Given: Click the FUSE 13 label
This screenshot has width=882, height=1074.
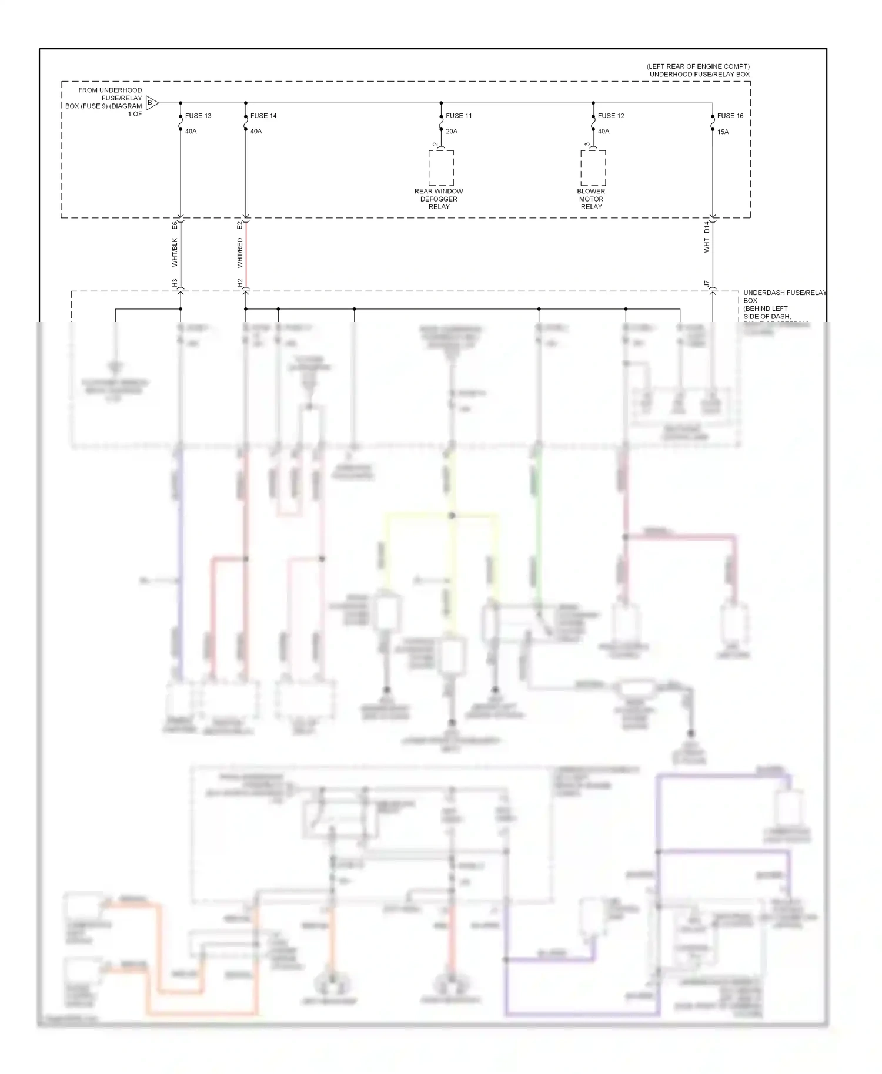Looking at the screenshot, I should coord(198,116).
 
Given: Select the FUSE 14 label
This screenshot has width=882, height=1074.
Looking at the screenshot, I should coord(263,116).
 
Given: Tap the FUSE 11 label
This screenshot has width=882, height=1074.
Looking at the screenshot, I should coord(459,116).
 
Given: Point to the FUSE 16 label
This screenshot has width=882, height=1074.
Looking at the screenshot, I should coord(730,116).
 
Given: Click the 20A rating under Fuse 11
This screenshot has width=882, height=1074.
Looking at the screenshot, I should coord(452,132).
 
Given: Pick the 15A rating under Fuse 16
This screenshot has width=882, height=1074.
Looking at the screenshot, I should coord(723,132).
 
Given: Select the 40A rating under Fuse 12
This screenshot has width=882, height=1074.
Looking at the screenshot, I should coord(604,132).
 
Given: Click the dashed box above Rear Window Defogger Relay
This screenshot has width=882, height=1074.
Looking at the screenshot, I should coord(441,168).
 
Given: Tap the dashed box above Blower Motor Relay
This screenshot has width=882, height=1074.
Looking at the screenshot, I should coord(593,168).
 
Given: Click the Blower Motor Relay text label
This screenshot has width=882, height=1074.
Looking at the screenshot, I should coord(591,199).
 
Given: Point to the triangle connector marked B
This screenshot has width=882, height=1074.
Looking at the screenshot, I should coord(151,103).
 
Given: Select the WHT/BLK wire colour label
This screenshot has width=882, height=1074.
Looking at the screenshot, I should coord(175,253).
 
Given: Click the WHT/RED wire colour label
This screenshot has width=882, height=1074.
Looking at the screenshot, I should coord(240,253).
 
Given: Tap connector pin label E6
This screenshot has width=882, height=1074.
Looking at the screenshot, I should coord(175,226).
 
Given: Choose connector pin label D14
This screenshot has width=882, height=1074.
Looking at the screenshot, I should coord(707,227).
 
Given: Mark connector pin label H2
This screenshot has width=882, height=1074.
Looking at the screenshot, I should coord(240,283).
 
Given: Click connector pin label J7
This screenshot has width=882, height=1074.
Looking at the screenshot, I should coord(707,284).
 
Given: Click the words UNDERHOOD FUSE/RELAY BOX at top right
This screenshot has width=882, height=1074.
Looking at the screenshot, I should coord(699,75).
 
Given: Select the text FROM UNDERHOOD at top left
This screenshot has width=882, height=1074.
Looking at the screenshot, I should coord(110,90).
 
